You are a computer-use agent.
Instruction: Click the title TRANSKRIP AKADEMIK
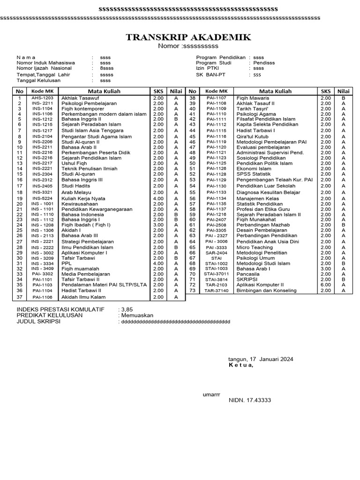click(188, 37)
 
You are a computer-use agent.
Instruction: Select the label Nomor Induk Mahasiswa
click(45, 63)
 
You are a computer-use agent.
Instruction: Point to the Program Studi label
click(213, 63)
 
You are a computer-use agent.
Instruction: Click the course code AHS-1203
click(43, 98)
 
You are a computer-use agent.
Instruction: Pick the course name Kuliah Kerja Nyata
click(83, 198)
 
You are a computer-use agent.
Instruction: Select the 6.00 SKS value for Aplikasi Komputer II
click(325, 285)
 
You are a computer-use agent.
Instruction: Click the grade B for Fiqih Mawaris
click(344, 98)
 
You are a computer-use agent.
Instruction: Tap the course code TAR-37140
click(216, 291)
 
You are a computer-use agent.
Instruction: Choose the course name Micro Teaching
click(255, 247)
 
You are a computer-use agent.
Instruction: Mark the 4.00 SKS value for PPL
click(157, 263)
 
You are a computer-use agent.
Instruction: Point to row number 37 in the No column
click(20, 297)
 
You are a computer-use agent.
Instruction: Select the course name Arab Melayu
click(77, 192)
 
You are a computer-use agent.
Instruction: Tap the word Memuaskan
click(137, 315)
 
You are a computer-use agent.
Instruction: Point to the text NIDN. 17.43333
click(249, 400)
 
